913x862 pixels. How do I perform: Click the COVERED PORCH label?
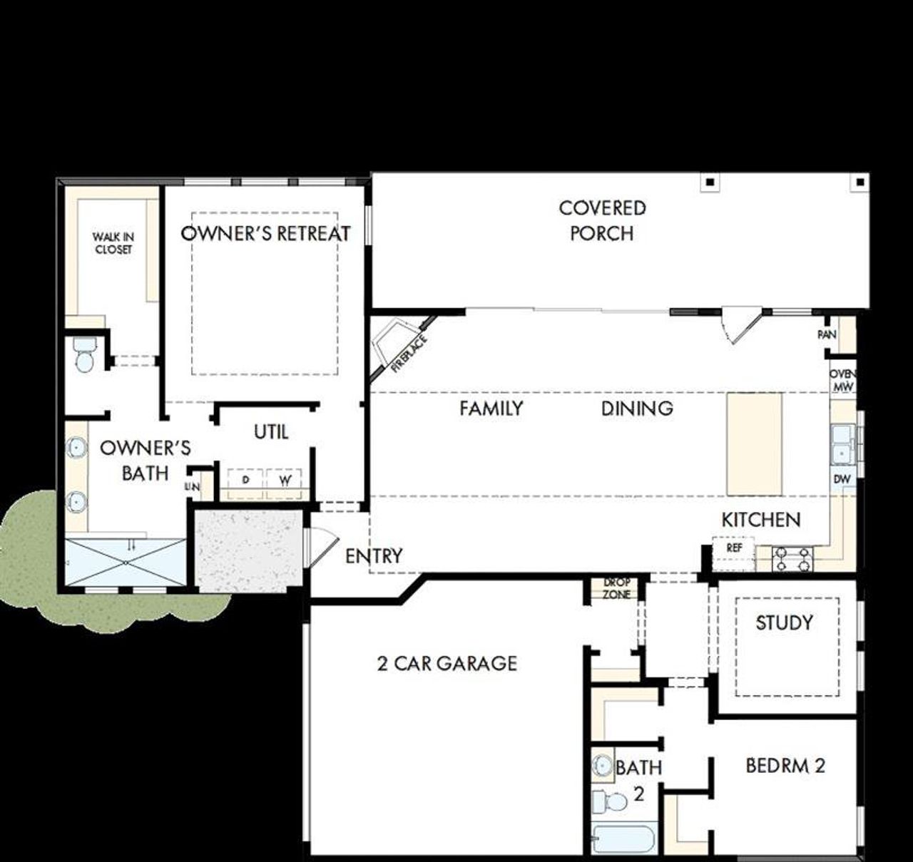point(602,220)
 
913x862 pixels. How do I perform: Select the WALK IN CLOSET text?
point(113,243)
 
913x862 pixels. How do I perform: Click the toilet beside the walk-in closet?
point(85,354)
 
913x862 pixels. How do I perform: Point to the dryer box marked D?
point(245,481)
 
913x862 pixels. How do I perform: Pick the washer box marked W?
point(285,481)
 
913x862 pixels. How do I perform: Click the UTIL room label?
point(271,432)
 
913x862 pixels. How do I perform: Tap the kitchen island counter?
point(754,443)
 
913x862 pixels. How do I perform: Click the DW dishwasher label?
point(842,479)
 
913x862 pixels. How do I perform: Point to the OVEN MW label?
point(842,381)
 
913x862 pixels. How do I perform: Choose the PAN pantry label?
point(827,334)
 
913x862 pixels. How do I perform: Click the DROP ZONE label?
point(616,589)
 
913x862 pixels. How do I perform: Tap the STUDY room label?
point(784,623)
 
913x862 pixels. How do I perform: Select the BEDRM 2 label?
point(785,766)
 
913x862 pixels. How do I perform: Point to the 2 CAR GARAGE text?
point(447,664)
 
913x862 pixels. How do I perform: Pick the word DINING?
point(637,409)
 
